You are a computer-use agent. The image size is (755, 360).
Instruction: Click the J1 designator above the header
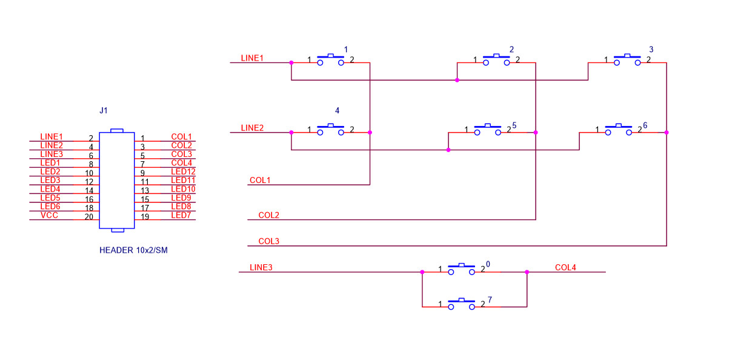coord(103,111)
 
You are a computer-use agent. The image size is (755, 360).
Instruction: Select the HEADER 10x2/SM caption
coord(133,250)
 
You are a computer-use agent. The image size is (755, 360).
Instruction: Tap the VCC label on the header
coord(50,215)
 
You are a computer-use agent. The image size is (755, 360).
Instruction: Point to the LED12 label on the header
coord(183,172)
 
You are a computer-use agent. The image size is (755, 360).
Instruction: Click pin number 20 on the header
coord(88,217)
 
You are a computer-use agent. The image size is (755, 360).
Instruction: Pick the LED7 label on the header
coord(181,215)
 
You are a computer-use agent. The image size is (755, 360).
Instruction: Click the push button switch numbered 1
coord(330,59)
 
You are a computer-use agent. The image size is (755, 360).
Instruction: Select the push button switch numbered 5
coord(487,128)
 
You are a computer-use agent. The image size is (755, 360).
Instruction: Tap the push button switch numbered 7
coord(461,303)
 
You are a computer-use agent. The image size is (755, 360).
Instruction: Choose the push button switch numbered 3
coord(627,59)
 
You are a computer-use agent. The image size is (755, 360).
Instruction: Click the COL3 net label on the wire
coord(268,241)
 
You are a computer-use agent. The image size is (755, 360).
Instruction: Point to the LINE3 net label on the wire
coord(261,267)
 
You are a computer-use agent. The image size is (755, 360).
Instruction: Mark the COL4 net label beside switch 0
coord(565,267)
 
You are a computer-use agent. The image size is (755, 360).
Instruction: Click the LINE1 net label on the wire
coord(252,58)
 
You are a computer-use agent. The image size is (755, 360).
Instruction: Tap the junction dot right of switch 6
coord(667,132)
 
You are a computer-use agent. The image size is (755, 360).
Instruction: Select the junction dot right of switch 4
coord(370,132)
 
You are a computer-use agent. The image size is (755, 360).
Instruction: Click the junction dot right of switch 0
coord(527,272)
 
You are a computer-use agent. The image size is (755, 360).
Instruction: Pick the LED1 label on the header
coord(50,163)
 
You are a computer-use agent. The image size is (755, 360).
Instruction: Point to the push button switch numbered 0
coord(461,268)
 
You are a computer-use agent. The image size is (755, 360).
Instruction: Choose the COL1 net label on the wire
coord(259,180)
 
